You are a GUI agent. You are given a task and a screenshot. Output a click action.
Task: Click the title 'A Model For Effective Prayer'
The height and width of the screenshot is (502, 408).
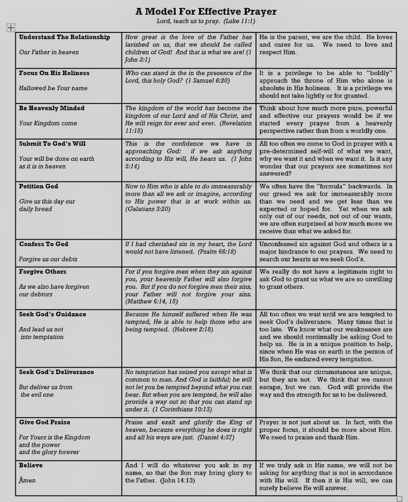pos(206,11)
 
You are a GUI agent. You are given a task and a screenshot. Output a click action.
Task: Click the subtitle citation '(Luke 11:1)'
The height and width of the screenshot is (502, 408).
pos(239,21)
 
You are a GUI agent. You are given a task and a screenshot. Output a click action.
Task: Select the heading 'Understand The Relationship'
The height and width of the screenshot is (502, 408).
pos(64,37)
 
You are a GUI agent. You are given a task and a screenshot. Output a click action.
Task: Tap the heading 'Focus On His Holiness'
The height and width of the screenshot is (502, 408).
pos(54,73)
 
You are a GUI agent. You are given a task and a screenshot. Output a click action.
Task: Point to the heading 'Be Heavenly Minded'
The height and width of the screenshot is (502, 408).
pos(51,108)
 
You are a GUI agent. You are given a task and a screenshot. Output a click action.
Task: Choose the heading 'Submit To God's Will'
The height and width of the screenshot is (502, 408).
pos(52,144)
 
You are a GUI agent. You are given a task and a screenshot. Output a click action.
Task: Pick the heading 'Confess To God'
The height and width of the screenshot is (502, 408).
pos(44,244)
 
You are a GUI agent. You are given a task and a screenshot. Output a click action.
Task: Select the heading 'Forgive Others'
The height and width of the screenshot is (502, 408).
pos(43,272)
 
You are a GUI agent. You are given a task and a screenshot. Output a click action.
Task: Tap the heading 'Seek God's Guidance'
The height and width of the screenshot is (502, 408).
pos(52,314)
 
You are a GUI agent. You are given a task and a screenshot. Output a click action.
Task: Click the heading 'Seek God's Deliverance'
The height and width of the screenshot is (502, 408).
pos(56,372)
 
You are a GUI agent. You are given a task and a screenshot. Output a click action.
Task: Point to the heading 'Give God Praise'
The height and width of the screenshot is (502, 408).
pos(45,422)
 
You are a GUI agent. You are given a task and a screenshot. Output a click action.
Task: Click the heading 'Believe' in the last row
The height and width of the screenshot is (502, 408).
pos(31,465)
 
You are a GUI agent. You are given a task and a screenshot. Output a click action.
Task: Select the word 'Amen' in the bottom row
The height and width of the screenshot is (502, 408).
pos(27,480)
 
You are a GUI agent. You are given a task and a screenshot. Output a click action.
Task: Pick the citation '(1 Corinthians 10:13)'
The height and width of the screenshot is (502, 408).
pos(182,409)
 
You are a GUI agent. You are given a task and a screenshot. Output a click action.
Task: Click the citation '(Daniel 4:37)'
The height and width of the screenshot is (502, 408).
pos(216,437)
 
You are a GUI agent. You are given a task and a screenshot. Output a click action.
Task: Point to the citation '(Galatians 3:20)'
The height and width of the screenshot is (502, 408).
pos(148,209)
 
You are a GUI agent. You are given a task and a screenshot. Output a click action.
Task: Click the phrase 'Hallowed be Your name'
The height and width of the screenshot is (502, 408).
pos(53,88)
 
